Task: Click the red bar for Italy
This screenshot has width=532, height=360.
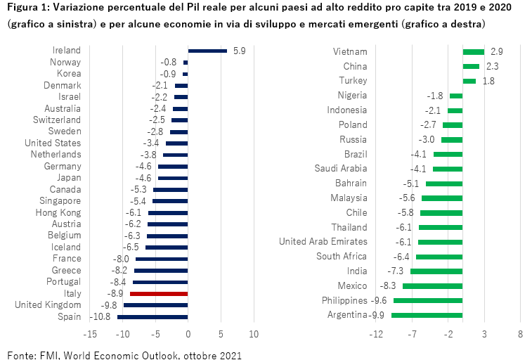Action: coord(159,293)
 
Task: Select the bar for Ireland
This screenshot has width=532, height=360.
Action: coord(207,51)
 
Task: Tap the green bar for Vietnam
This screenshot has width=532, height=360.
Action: coord(473,51)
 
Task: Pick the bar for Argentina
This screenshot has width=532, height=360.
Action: coord(427,314)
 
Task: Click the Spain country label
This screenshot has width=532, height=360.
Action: coord(69,316)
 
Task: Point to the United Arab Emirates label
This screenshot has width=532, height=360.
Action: coord(323,241)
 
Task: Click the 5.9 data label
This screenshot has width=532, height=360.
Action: coord(239,51)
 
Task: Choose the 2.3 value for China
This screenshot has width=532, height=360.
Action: coord(492,66)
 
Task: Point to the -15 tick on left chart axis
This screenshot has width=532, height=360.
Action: coord(91,333)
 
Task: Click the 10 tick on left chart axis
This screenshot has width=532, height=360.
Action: coord(254,333)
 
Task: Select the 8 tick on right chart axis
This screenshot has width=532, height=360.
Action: coord(520,333)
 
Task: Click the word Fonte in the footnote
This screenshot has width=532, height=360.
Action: coord(20,354)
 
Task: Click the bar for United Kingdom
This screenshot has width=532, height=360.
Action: coord(155,305)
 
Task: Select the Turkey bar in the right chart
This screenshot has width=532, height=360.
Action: coord(469,81)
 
